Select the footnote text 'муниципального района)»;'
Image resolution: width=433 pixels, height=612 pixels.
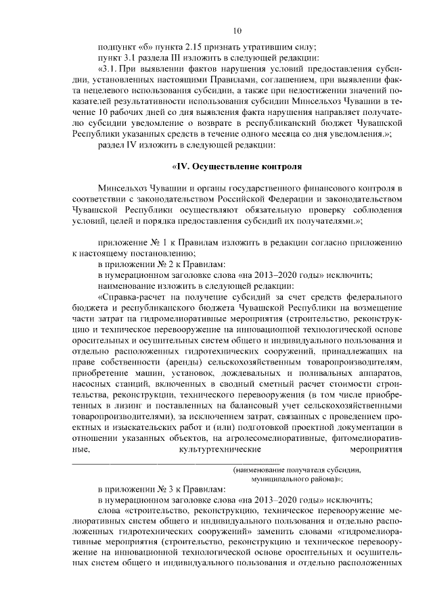[x=296, y=478]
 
